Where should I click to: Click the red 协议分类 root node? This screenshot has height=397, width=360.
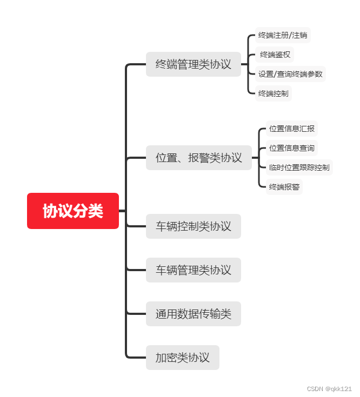(x=73, y=211)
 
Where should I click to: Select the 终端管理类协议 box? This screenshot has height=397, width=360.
(x=193, y=64)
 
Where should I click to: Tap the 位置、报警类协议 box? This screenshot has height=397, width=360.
(x=198, y=158)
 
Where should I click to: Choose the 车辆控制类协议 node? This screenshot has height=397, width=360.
(x=193, y=226)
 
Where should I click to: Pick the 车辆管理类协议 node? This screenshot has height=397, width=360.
(x=193, y=270)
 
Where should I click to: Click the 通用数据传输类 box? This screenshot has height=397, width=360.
(x=193, y=314)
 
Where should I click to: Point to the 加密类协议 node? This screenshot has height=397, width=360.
(x=182, y=357)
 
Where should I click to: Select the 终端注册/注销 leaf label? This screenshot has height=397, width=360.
(x=283, y=35)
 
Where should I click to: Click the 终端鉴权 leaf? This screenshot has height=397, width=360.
(x=275, y=55)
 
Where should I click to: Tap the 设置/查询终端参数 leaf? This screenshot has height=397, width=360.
(x=290, y=74)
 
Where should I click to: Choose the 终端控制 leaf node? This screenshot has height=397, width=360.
(x=273, y=93)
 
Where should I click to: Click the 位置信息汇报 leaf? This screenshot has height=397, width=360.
(x=291, y=129)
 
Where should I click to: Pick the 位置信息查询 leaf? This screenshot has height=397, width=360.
(x=291, y=148)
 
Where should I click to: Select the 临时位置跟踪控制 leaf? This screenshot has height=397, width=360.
(x=299, y=167)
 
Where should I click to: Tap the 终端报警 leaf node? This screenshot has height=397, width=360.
(x=284, y=187)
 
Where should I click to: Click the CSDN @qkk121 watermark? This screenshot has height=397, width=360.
(x=329, y=389)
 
